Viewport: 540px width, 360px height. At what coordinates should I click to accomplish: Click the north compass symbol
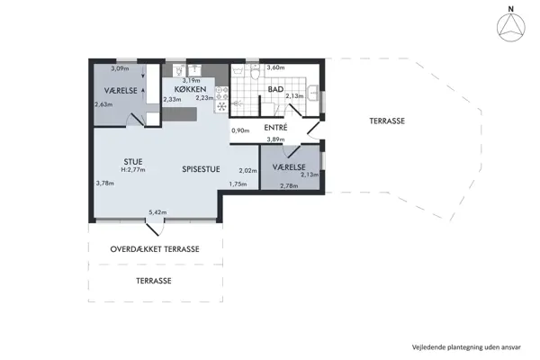[x=510, y=29]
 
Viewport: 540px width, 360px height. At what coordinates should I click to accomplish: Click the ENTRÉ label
[x=275, y=128]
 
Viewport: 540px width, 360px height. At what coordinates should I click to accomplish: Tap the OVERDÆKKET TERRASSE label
[x=155, y=249]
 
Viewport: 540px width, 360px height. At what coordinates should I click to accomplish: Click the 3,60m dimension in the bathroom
[x=275, y=67]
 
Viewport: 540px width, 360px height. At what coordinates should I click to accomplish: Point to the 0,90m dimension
[x=239, y=130]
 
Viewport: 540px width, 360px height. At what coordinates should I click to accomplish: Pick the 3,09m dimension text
[x=119, y=68]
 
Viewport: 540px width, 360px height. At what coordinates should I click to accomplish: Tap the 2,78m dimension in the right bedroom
[x=289, y=185]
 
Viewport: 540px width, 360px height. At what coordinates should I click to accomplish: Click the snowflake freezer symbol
[x=220, y=106]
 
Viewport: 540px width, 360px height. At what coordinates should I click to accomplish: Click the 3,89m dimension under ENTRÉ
[x=275, y=139]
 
